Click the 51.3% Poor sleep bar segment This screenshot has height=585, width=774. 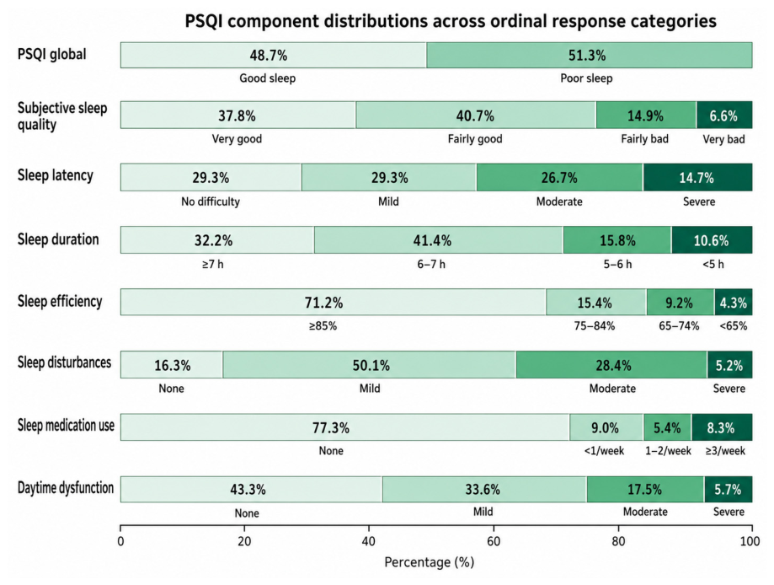point(590,55)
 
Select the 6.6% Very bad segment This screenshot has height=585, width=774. point(724,115)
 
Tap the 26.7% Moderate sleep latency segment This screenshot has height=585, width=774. point(560,177)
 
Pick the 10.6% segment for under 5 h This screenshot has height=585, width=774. point(712,240)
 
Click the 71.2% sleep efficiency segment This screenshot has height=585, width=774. point(334,302)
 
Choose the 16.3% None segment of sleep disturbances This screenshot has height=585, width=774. point(171,365)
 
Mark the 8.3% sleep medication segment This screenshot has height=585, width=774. point(722,427)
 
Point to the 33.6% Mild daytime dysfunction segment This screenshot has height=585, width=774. point(485,489)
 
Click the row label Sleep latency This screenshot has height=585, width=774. point(56,175)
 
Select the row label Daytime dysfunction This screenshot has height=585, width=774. point(66,488)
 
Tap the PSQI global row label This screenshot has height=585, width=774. point(52,54)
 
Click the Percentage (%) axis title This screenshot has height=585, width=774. point(429,562)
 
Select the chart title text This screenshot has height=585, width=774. point(451,21)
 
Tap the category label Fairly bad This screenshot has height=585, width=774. point(644,139)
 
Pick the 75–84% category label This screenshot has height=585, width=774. point(595,325)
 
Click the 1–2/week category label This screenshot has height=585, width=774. point(669,451)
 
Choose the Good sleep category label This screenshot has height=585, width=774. point(268,78)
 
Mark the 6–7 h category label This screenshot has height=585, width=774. point(431,265)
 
